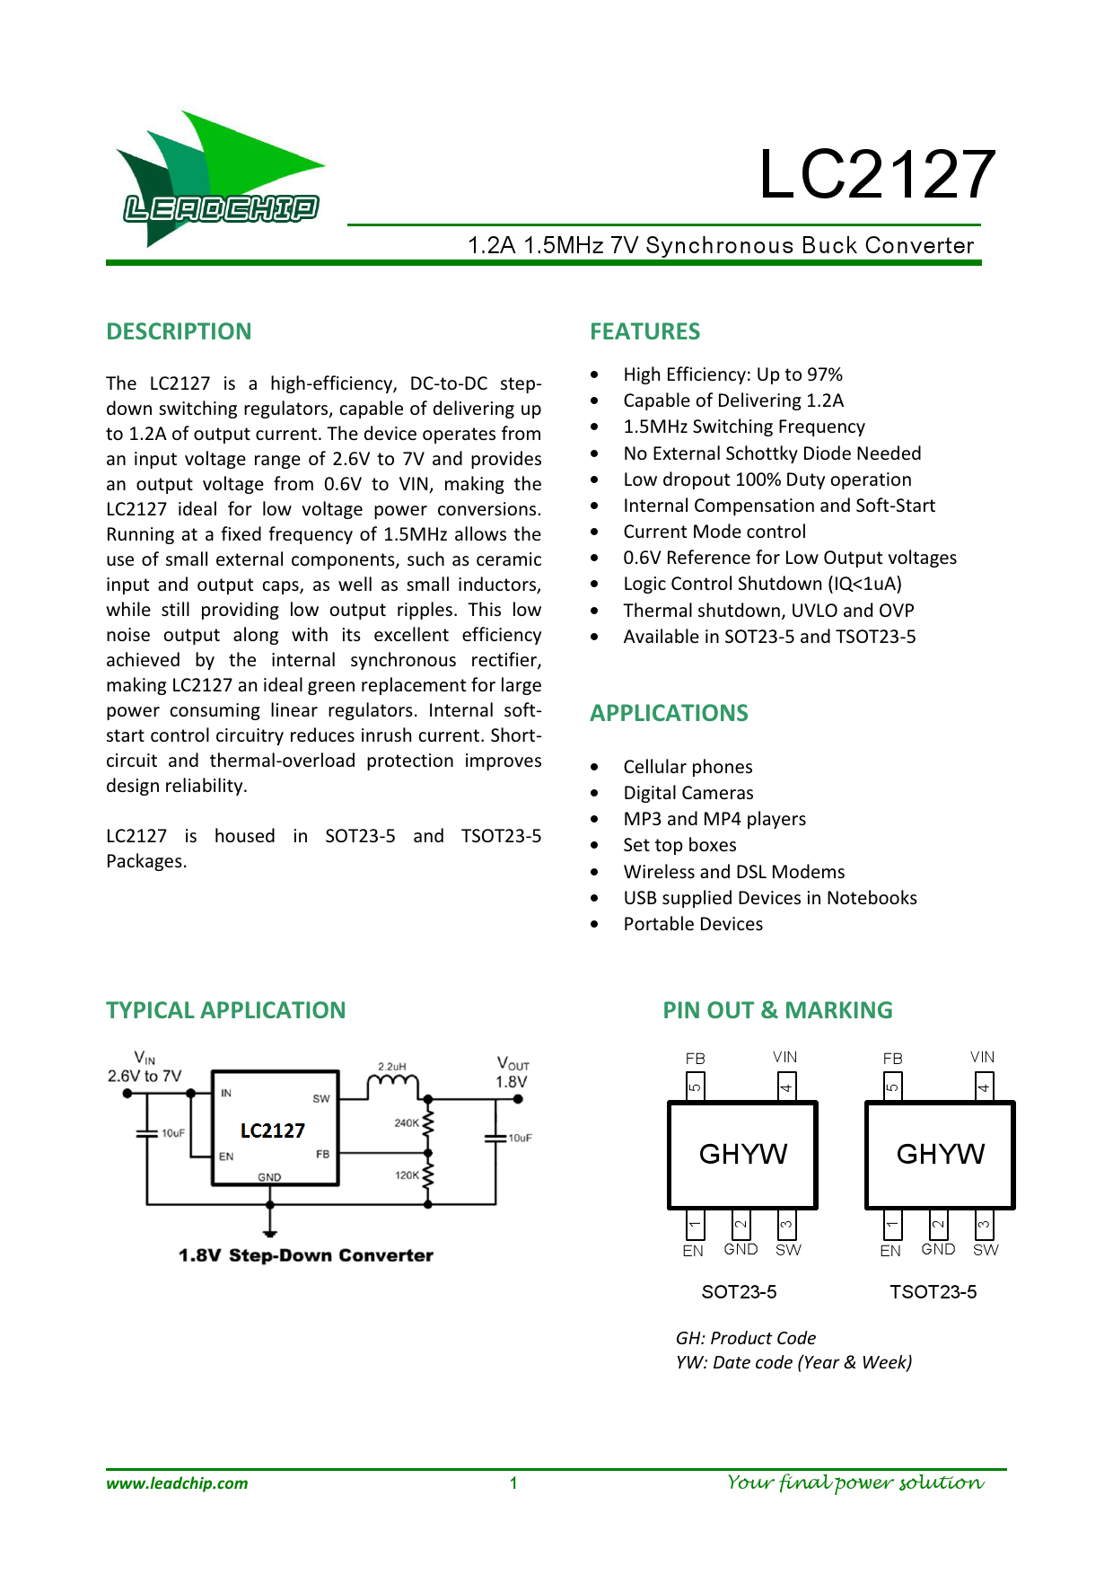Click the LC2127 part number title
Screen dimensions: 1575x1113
(876, 174)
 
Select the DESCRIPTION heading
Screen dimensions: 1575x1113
(179, 331)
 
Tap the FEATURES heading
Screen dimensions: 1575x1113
(644, 331)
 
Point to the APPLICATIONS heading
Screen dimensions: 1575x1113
(669, 713)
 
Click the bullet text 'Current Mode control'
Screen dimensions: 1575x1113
(714, 532)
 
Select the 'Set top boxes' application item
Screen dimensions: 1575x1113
(679, 845)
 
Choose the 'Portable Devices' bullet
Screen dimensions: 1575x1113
(693, 924)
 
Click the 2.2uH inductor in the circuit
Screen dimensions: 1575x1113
(392, 1083)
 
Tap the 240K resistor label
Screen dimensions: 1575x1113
(407, 1122)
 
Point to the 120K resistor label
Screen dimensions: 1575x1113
(407, 1175)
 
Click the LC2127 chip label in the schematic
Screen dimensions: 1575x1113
(273, 1131)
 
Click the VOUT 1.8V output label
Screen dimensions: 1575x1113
(512, 1073)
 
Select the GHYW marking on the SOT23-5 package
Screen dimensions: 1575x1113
(743, 1154)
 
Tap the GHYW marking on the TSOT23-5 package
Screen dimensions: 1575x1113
(941, 1154)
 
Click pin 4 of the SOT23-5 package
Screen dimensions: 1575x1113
(785, 1087)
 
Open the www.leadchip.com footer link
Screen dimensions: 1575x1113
(177, 1483)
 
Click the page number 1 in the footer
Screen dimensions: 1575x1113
(513, 1483)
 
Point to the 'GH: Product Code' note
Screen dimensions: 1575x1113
(746, 1338)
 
